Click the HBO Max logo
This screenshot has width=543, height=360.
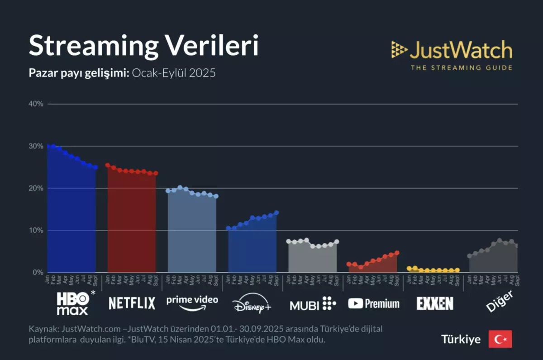[x=72, y=303]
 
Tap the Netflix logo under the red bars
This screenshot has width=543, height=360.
[x=132, y=303]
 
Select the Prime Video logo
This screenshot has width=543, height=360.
[x=192, y=303]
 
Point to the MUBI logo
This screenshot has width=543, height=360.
[x=313, y=304]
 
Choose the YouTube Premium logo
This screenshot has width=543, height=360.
[x=374, y=303]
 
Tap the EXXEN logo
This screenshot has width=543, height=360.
[x=434, y=303]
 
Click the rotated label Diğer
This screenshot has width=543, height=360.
[x=500, y=301]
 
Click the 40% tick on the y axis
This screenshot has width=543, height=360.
[x=36, y=104]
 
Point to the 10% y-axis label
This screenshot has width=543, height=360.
[x=36, y=230]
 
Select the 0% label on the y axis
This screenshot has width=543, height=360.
[x=38, y=272]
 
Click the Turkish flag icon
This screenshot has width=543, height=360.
[x=500, y=339]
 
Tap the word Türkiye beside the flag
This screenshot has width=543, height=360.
[x=461, y=340]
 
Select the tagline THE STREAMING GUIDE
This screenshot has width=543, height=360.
[x=461, y=68]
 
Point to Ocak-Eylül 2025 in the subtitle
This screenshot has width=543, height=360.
[x=174, y=73]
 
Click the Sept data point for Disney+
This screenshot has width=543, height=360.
[x=276, y=213]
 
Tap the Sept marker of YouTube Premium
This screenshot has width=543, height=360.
[x=397, y=253]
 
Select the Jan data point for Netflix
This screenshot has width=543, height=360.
[x=108, y=165]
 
